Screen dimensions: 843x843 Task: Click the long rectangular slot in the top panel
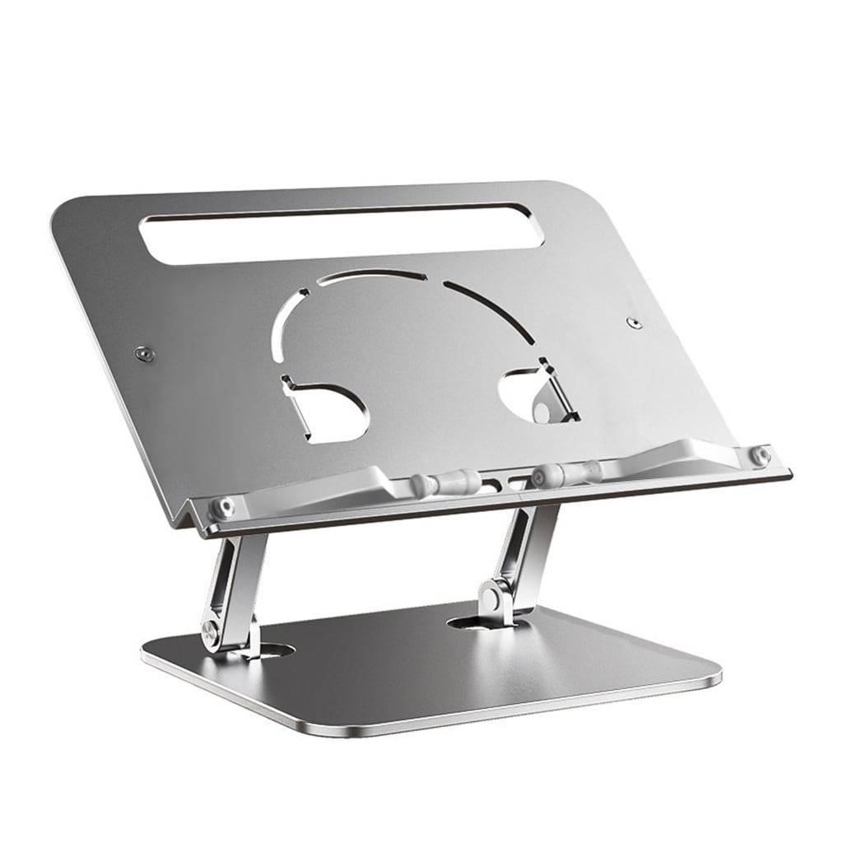pos(342,233)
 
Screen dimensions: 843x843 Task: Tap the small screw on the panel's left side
pos(146,353)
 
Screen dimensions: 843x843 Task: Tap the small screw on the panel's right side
pos(633,322)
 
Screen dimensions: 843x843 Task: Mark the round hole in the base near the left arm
pos(272,650)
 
